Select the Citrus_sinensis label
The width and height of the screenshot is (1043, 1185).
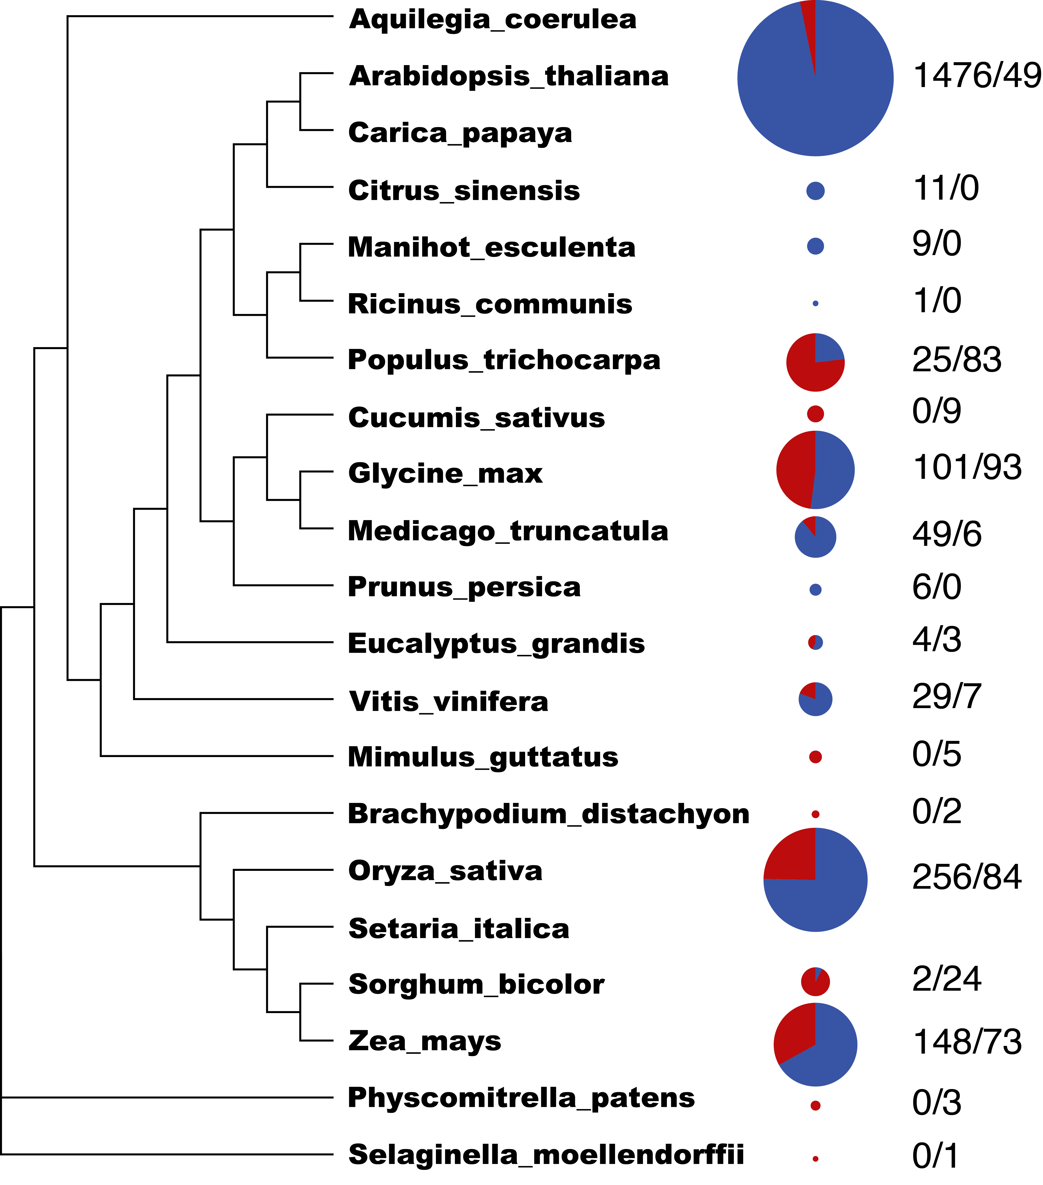click(x=464, y=191)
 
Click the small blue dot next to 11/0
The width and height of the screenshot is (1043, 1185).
click(x=815, y=191)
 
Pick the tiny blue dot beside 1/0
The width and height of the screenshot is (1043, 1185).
click(x=815, y=303)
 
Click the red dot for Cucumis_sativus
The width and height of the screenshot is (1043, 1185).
click(x=815, y=413)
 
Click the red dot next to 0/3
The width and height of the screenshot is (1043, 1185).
click(x=815, y=1106)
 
